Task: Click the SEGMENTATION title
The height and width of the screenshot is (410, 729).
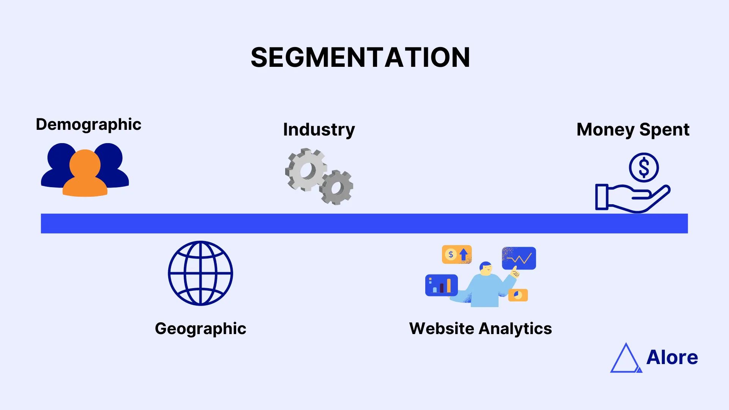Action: [360, 58]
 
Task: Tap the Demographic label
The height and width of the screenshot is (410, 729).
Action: [88, 125]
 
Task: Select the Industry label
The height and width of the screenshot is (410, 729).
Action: [319, 130]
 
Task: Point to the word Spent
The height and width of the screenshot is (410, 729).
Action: [664, 130]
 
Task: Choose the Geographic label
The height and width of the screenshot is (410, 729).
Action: [200, 329]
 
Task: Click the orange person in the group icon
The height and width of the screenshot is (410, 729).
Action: [85, 175]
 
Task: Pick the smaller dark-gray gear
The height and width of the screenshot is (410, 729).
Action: [336, 188]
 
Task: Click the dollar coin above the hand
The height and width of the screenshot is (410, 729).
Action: [644, 167]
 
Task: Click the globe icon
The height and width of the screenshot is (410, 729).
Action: [200, 273]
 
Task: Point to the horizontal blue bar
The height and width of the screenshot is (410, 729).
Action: [364, 223]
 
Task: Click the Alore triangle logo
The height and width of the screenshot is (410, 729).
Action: [626, 359]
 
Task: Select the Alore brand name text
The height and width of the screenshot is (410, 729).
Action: [672, 357]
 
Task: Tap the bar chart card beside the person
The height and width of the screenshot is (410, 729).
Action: [441, 285]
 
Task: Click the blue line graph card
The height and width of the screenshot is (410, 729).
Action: [519, 258]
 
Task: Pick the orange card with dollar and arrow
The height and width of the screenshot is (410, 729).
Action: [457, 254]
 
